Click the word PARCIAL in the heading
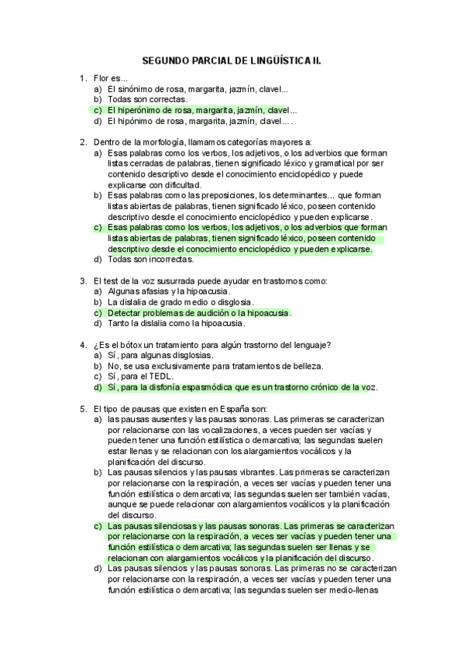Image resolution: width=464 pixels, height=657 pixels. [x=208, y=60]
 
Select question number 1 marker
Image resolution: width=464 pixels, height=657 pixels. [x=83, y=78]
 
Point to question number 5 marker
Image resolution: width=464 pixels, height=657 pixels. [x=83, y=407]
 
